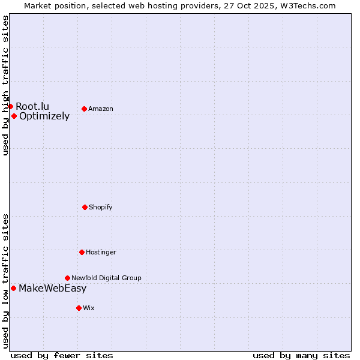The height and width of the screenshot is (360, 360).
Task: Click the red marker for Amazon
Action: coord(84,109)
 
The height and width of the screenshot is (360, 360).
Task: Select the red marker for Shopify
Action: coord(85,207)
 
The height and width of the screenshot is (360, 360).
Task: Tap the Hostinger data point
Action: coord(82,252)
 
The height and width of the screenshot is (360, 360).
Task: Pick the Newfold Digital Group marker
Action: coord(67,278)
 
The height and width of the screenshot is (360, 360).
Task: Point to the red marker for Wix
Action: coord(79,308)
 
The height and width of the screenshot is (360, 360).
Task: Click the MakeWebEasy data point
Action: coord(13,288)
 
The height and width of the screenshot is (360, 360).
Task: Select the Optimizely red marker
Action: coord(14,116)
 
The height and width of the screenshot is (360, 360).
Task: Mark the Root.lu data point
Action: coord(10,106)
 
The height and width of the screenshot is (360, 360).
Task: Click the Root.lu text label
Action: coord(32,106)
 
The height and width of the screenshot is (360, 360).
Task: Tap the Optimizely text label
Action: coord(44,116)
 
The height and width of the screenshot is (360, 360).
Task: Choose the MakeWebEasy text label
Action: coord(52,289)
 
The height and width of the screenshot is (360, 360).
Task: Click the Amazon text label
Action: coord(101,109)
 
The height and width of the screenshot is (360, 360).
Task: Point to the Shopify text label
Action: coord(101,208)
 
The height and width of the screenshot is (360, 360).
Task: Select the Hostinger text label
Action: coord(101,253)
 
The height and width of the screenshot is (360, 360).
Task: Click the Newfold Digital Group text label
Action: coord(106,278)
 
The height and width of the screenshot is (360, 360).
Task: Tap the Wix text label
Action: coord(89,308)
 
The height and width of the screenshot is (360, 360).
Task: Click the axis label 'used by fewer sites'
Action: coord(62,356)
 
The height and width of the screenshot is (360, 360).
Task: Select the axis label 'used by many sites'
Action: coord(301,356)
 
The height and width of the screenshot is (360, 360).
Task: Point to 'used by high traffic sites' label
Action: coord(5,85)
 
